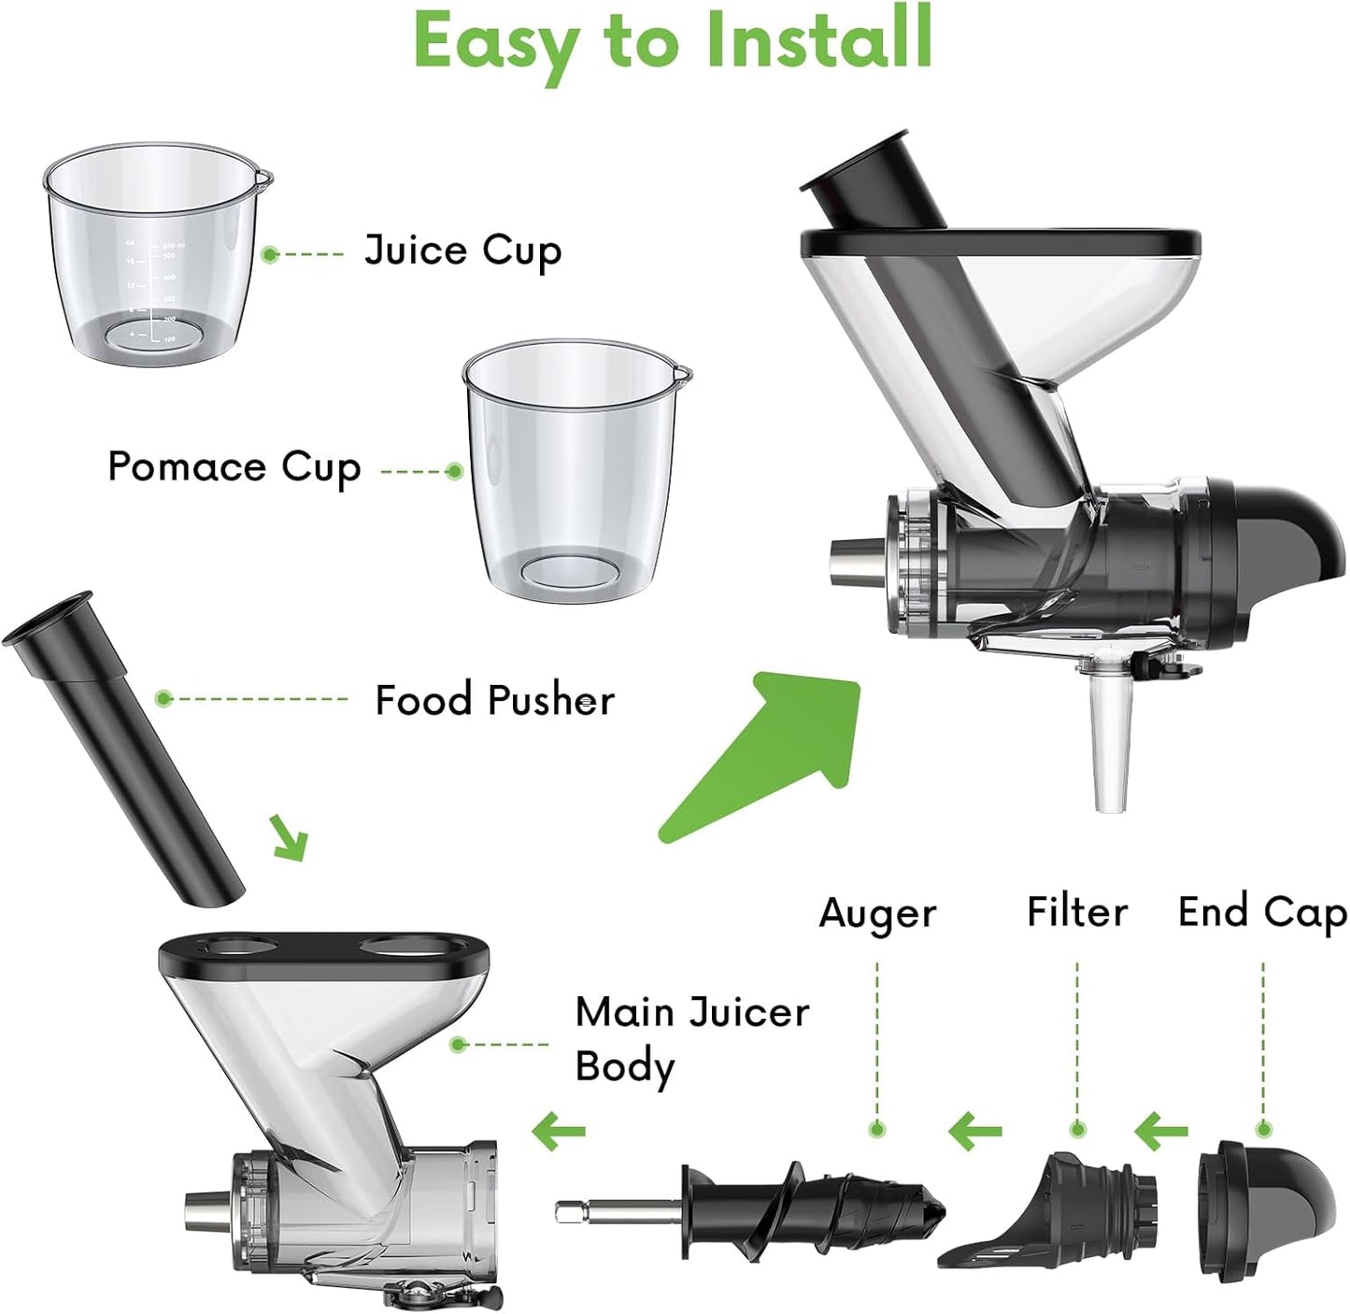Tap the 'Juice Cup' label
pos(462,251)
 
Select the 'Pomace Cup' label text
pos(234,467)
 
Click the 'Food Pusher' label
pos(494,700)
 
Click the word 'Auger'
pos(876,913)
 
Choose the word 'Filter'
pos(1076,911)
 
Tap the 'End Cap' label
pos(1261,912)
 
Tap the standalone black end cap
pos(1266,1200)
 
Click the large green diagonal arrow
pos(766,752)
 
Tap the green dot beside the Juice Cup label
pos(270,254)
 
